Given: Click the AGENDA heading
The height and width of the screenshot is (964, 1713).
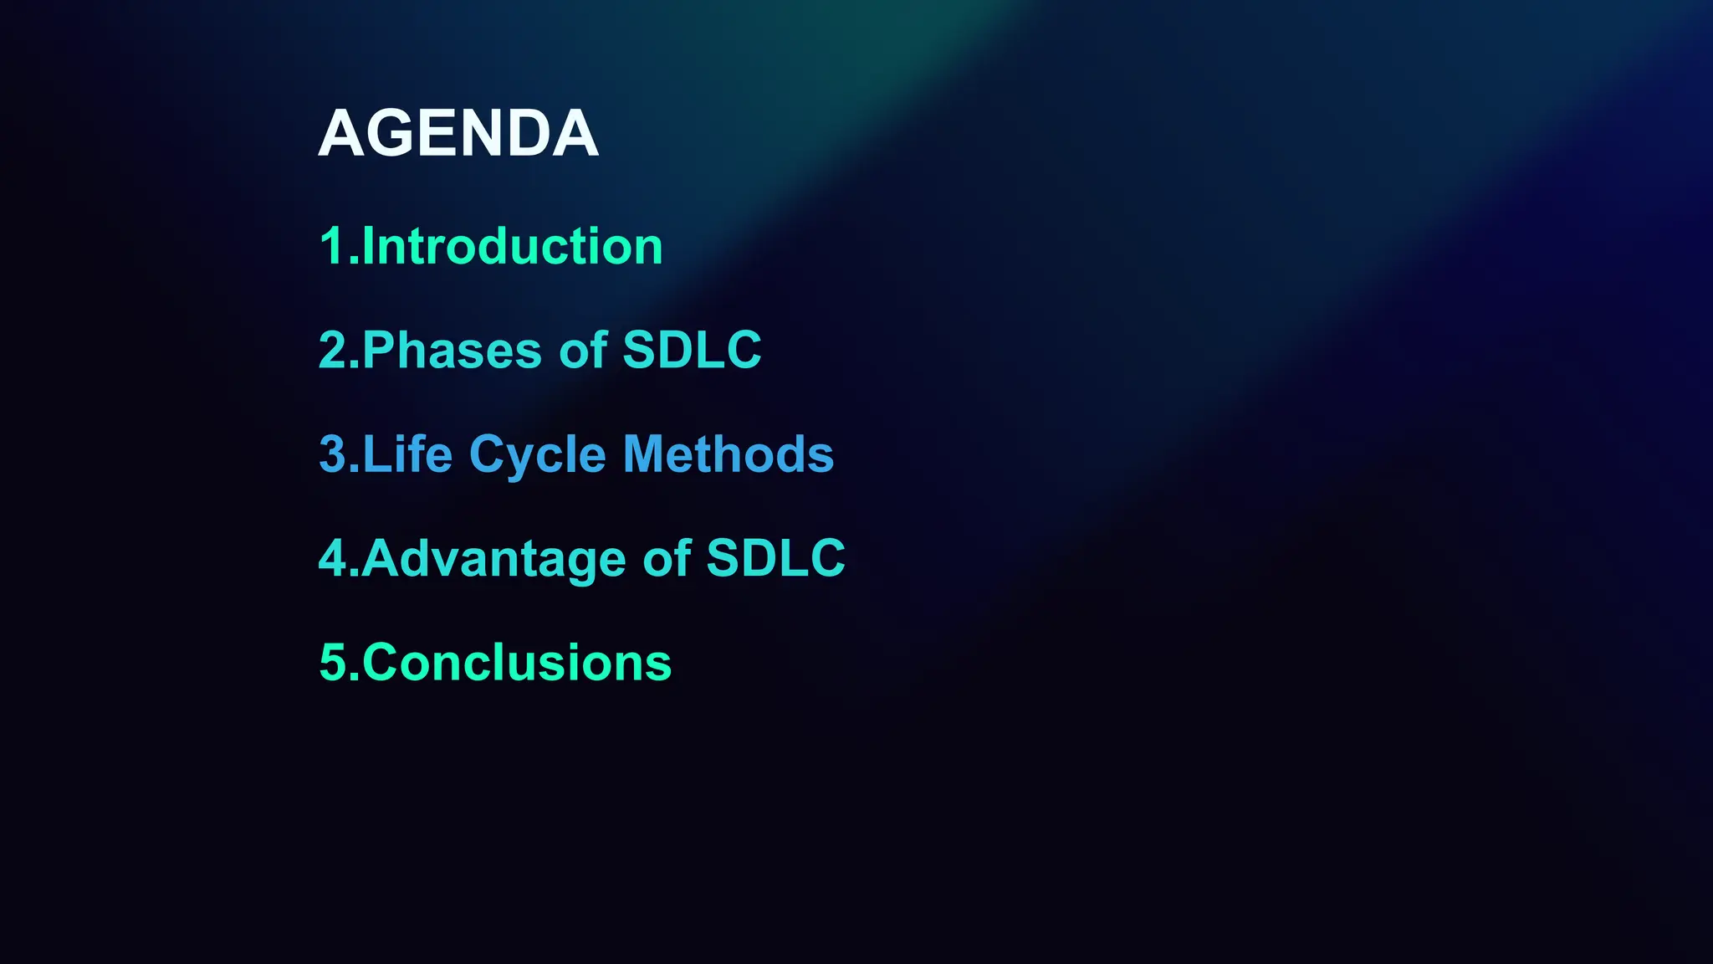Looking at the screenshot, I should click(458, 134).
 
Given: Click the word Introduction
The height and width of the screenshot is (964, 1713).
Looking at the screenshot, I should click(512, 246).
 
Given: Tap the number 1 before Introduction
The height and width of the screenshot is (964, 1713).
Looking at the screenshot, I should click(332, 247).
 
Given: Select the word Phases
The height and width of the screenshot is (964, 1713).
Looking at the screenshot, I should click(452, 350).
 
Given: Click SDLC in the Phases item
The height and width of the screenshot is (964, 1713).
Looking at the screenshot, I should click(692, 350).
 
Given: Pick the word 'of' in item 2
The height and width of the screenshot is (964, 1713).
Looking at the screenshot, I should click(583, 350).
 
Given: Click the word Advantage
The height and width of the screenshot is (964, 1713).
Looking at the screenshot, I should click(493, 559).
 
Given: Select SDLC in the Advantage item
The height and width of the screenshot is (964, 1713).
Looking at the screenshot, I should click(775, 558).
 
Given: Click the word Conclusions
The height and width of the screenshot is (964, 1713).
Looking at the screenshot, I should click(516, 663).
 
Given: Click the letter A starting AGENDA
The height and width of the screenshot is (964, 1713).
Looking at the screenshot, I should click(340, 134).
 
